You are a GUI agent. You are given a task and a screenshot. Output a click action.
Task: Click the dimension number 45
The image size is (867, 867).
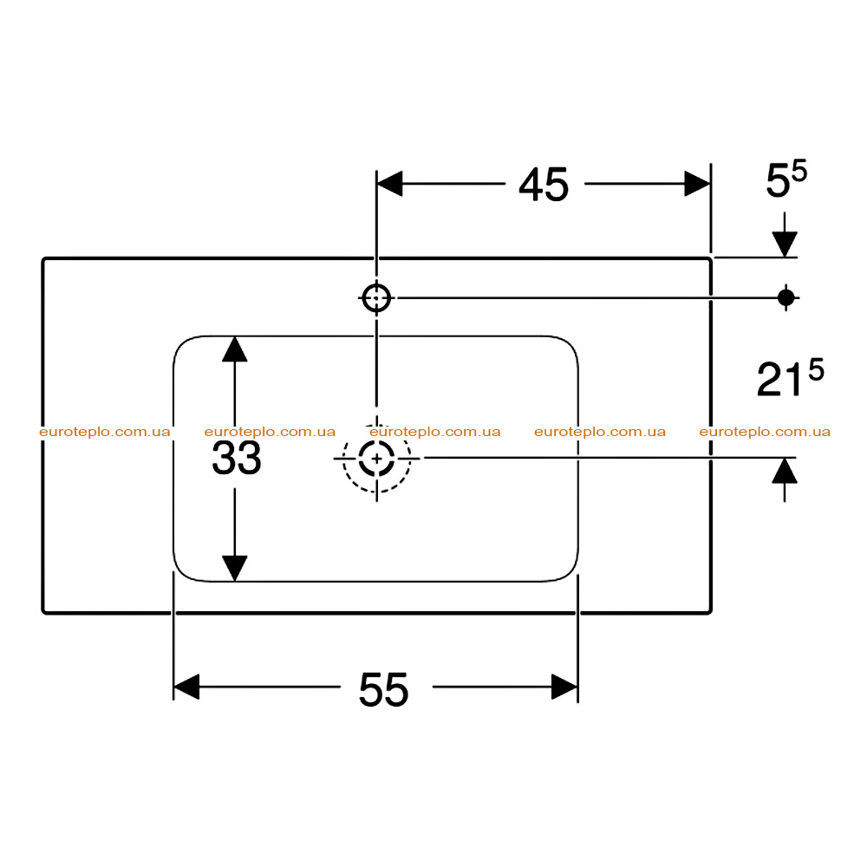click(x=544, y=185)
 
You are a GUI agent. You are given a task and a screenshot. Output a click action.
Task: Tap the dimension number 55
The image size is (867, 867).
click(x=384, y=689)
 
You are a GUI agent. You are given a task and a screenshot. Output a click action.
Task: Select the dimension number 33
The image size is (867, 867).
click(x=237, y=458)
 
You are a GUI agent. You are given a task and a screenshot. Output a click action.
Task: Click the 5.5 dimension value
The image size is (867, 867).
click(x=786, y=179)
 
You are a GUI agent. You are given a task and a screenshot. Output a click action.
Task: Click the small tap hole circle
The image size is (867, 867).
click(x=376, y=298)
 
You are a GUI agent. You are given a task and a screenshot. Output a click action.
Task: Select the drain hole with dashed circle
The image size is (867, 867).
click(x=376, y=459)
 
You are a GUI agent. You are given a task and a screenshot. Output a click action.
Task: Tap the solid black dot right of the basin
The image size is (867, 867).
click(x=786, y=297)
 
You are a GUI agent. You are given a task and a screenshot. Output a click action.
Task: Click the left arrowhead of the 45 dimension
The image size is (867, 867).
click(x=389, y=184)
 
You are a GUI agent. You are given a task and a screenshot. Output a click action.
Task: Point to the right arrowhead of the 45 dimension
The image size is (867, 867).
click(x=697, y=184)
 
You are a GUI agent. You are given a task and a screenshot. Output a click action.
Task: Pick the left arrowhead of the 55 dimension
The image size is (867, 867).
click(x=186, y=687)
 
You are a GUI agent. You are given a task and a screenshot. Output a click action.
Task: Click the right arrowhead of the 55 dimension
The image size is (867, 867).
click(x=564, y=687)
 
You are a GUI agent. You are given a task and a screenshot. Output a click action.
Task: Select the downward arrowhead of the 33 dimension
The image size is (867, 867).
click(x=234, y=569)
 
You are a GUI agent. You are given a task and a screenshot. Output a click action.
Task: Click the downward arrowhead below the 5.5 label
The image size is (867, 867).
click(x=785, y=244)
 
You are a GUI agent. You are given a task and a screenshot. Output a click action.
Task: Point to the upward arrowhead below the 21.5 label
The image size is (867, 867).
click(x=785, y=471)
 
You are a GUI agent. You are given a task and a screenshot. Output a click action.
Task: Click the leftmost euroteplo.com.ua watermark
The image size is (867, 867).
click(x=105, y=432)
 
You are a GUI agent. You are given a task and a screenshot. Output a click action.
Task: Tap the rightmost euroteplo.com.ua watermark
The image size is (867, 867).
click(x=765, y=432)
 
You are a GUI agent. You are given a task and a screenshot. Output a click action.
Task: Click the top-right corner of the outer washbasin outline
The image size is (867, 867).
click(x=711, y=258)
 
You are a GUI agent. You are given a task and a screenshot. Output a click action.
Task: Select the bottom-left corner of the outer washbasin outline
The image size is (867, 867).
click(x=43, y=613)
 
